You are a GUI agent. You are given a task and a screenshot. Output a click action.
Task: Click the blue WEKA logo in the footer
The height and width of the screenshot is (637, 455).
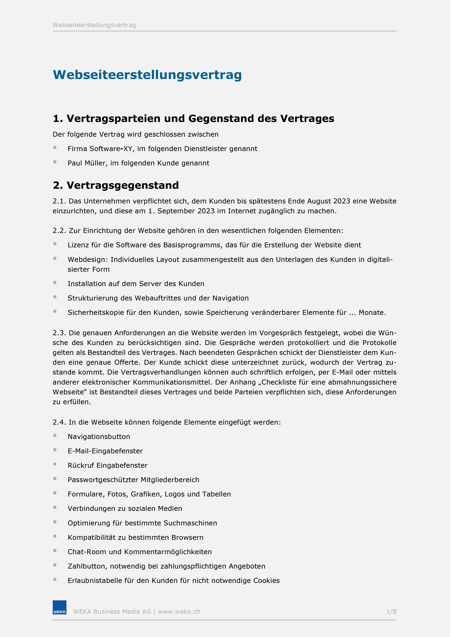tap(60, 607)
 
